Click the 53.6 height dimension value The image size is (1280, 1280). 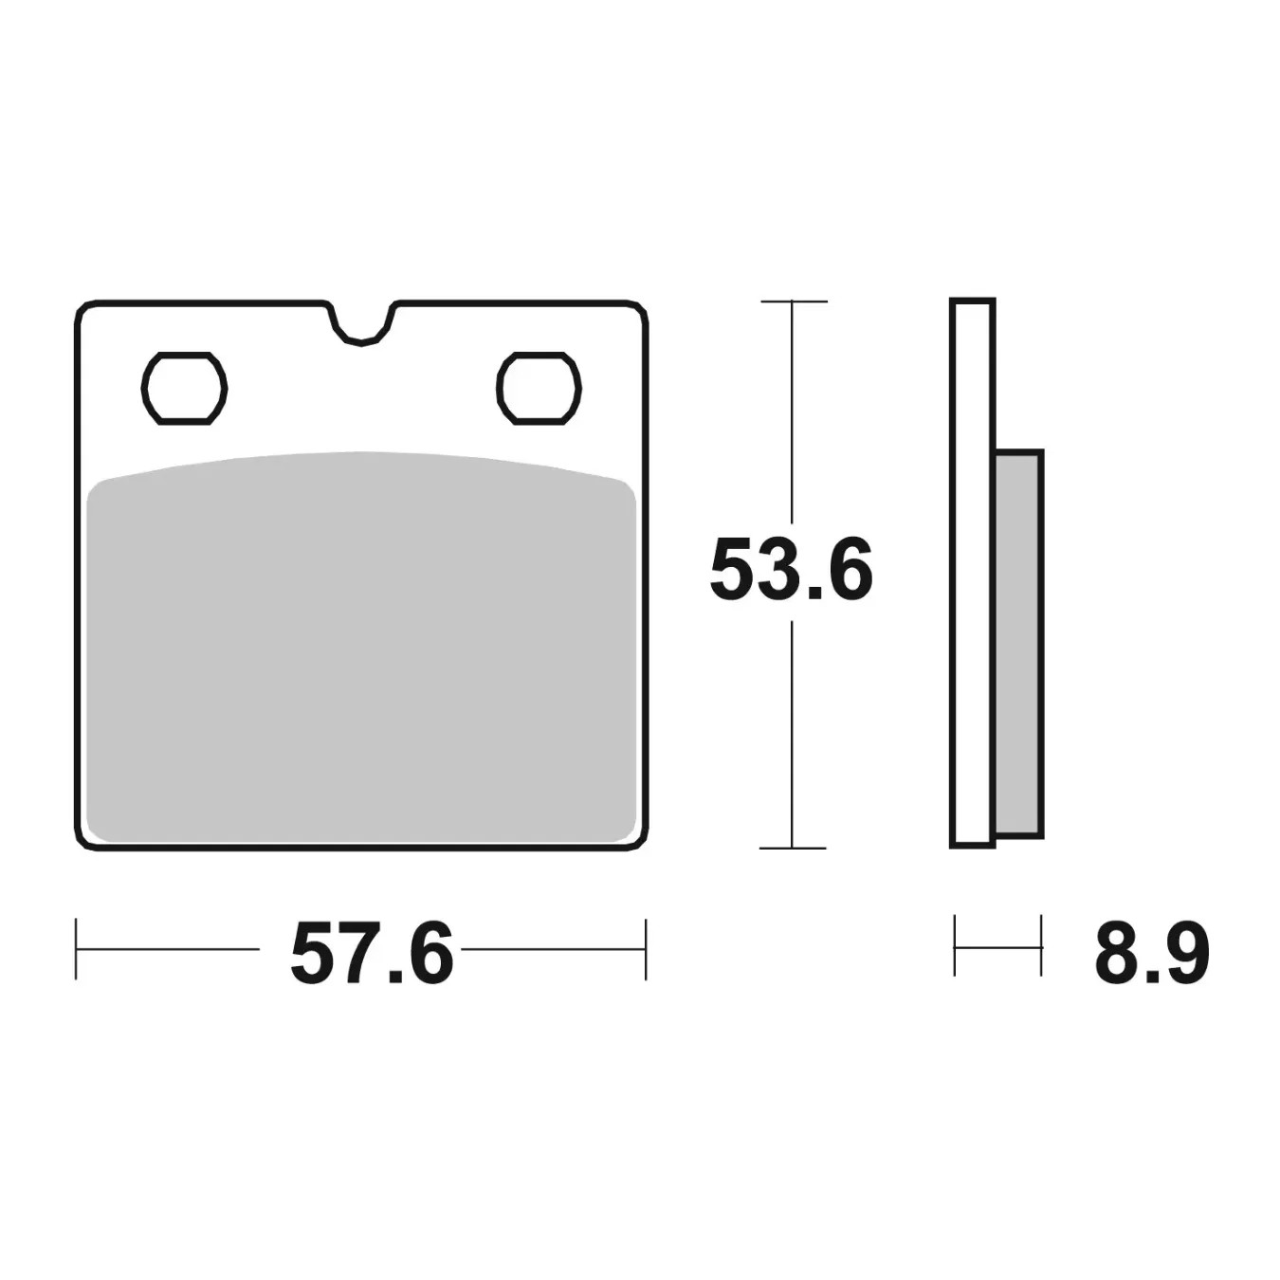click(x=791, y=570)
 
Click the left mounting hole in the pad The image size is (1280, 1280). click(x=184, y=388)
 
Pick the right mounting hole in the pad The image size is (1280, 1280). click(x=539, y=388)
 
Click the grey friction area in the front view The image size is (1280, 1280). click(x=361, y=648)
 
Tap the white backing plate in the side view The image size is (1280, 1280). click(x=973, y=574)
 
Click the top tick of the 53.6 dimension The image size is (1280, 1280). click(x=794, y=302)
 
